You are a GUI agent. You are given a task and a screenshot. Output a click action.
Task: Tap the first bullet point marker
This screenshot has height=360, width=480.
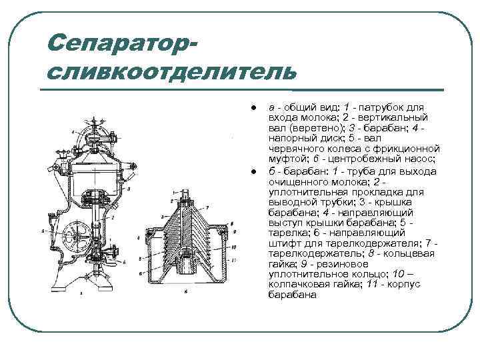tap(254, 107)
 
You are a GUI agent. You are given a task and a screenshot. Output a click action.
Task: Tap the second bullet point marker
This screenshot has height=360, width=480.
tap(254, 173)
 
